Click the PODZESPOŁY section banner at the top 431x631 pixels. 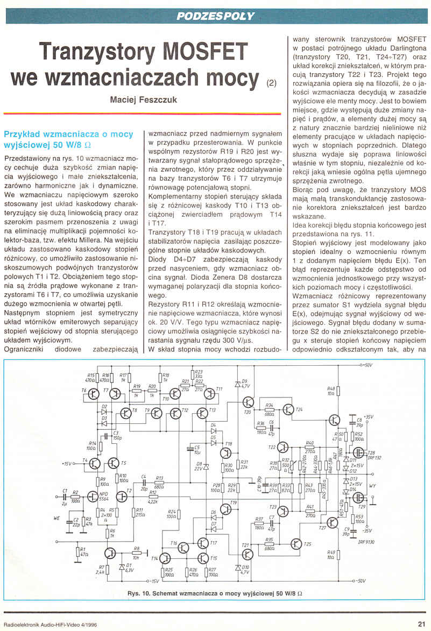point(215,16)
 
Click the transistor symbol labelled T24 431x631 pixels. point(288,410)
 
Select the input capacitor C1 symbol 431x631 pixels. point(65,495)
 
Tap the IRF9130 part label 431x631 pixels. point(365,542)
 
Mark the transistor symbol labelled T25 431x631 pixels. point(295,544)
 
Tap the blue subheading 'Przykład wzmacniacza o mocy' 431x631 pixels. point(68,134)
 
